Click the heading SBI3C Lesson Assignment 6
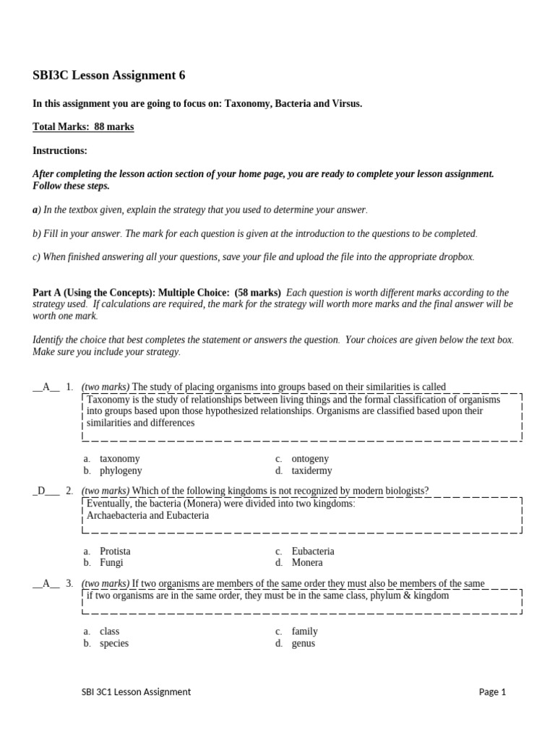point(113,75)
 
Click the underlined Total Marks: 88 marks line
point(83,127)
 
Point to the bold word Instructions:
point(60,151)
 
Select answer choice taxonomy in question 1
point(119,459)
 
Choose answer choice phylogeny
point(121,471)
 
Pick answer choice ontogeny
point(310,459)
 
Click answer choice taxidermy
point(311,471)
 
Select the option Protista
point(115,551)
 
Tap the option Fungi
point(111,563)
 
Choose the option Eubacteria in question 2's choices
point(313,551)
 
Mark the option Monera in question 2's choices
point(307,563)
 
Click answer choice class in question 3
point(109,632)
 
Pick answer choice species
point(114,644)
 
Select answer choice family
point(304,632)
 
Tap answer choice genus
point(304,644)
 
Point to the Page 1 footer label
point(492,692)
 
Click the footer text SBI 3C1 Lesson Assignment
point(136,692)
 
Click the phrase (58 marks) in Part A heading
point(258,293)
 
